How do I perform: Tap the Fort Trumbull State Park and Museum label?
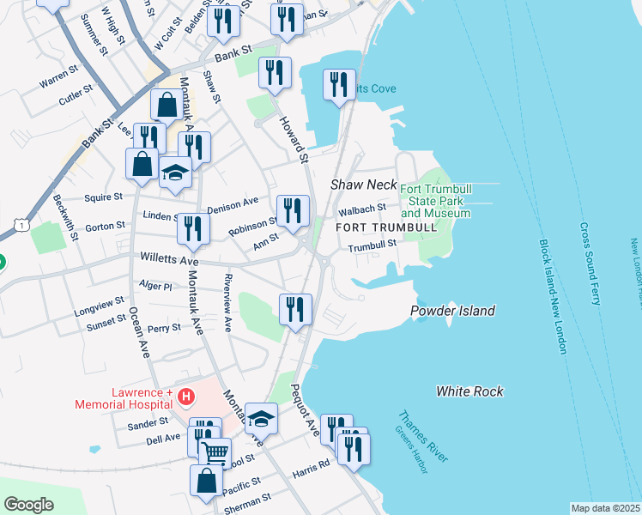tap(435, 201)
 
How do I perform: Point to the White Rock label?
tap(469, 391)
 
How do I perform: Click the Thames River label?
tap(421, 437)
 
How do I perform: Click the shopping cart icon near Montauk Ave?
tap(215, 451)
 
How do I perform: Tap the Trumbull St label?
tap(371, 245)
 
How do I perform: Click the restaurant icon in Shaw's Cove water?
tap(339, 84)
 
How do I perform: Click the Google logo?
tap(28, 504)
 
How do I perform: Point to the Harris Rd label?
tap(311, 469)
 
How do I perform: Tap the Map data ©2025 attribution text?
tap(605, 508)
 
